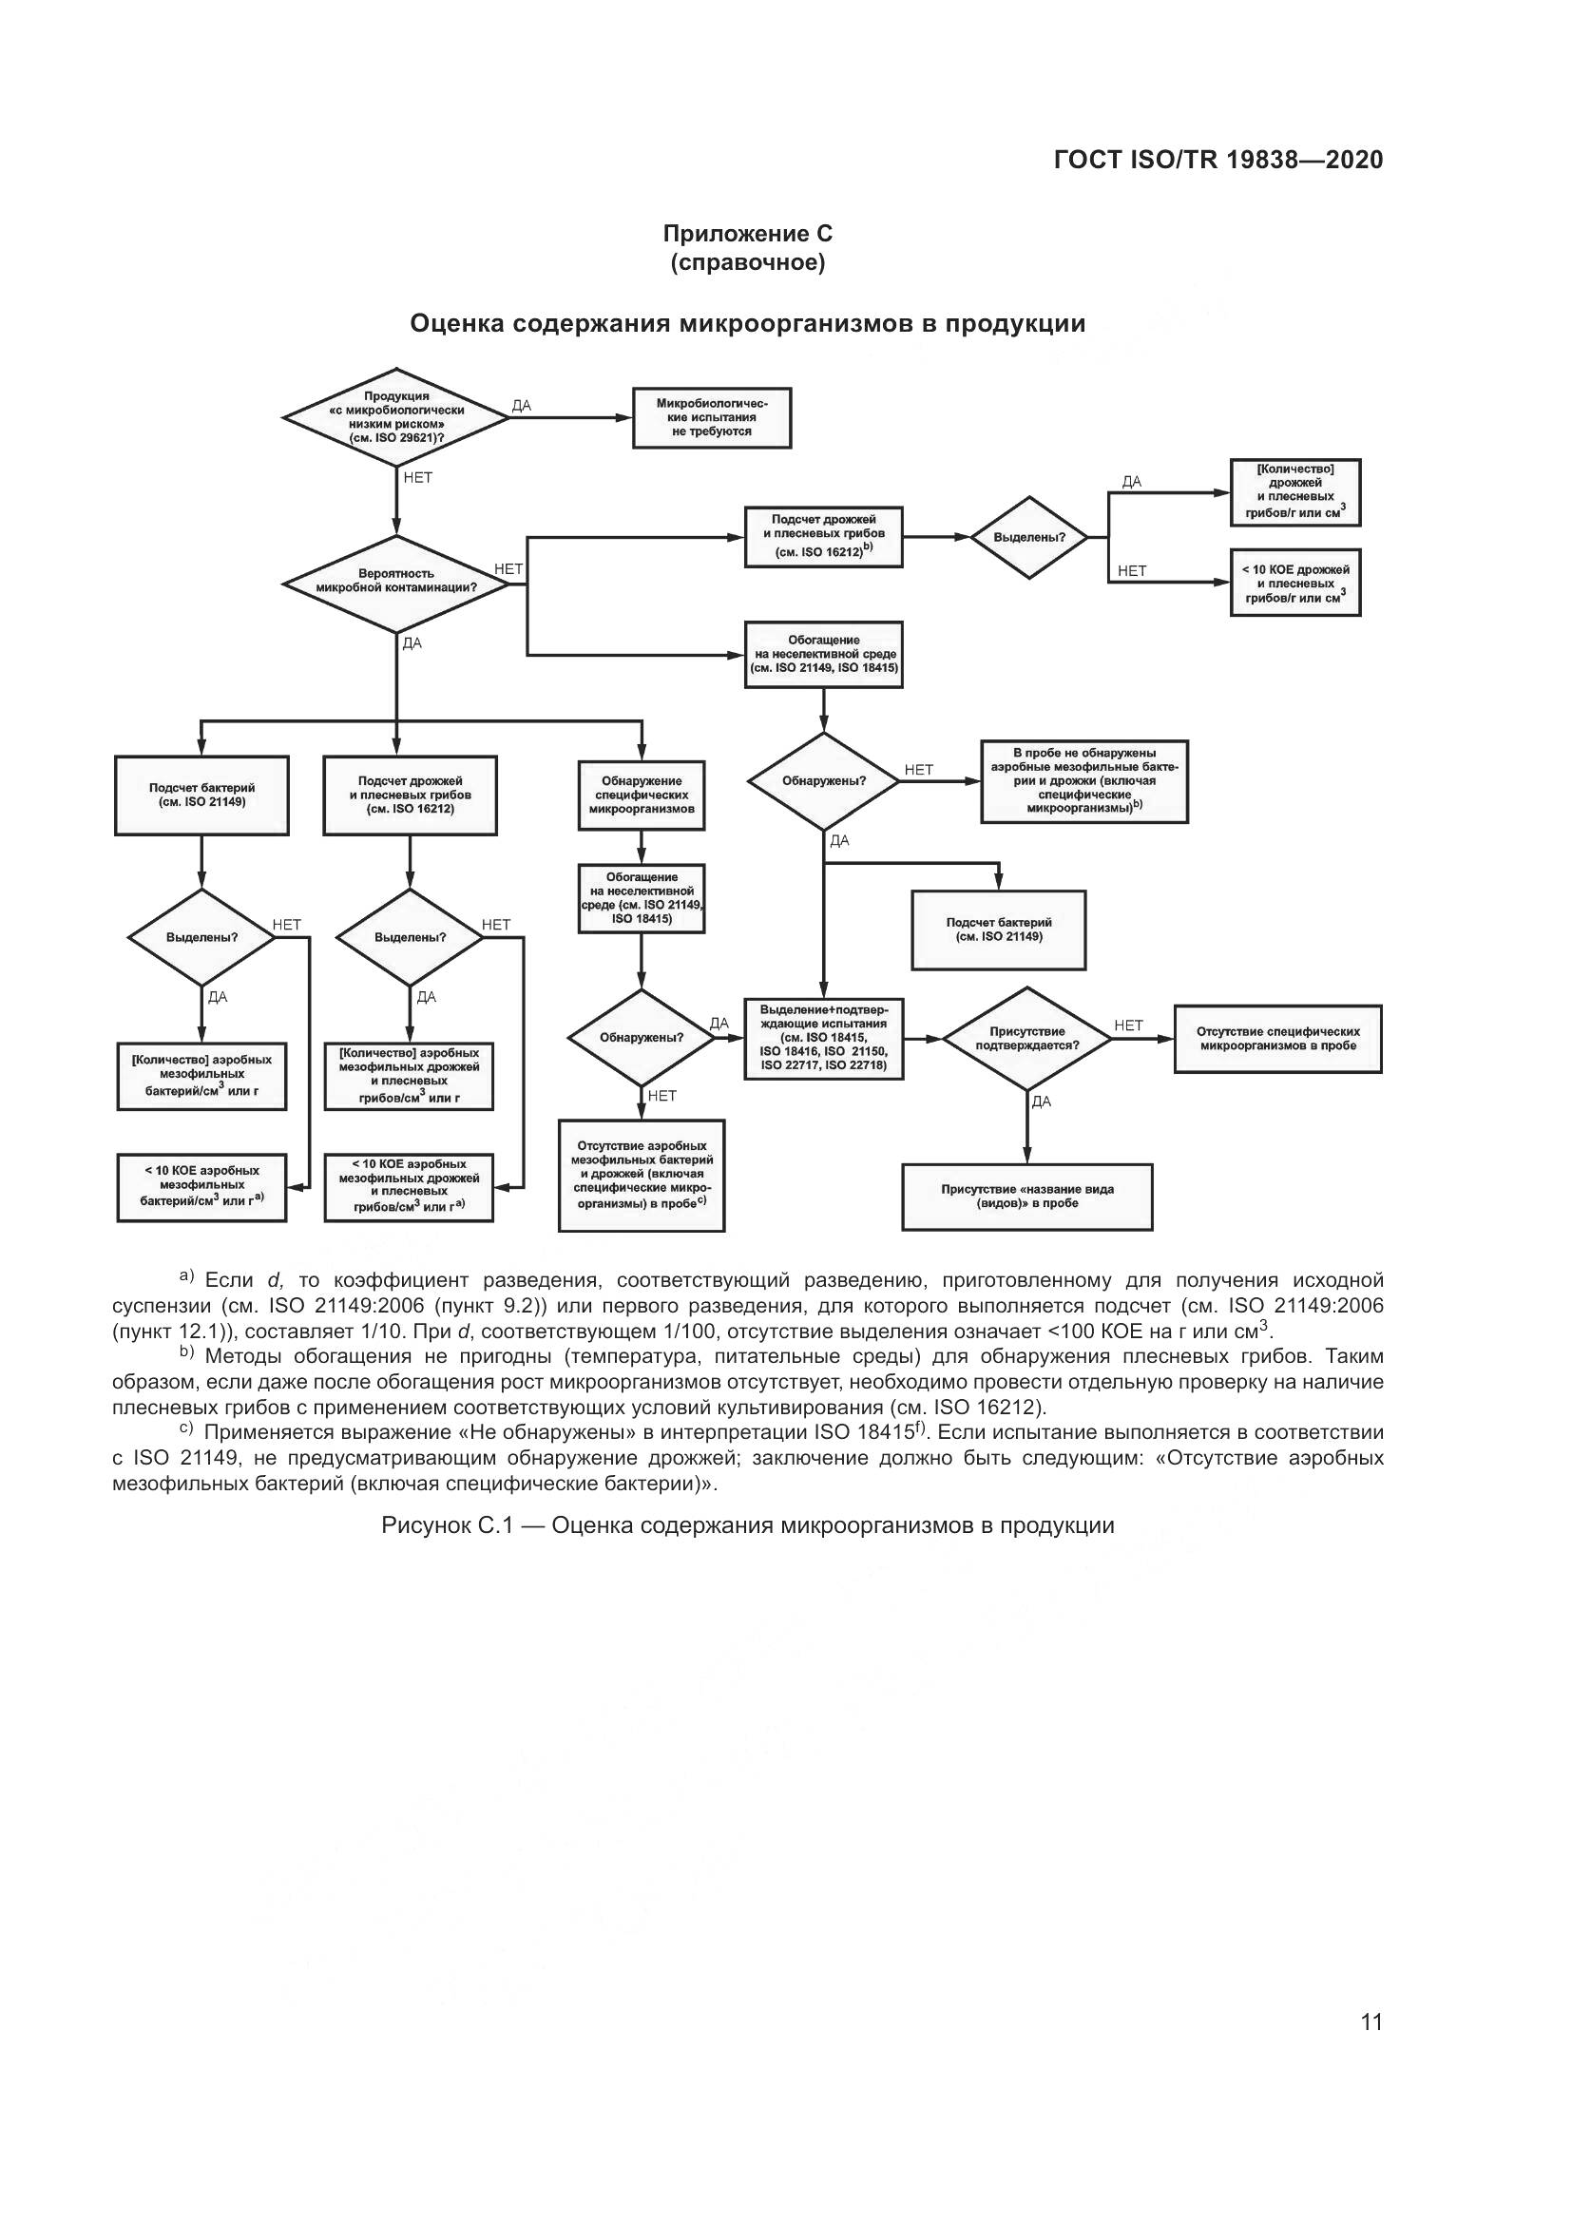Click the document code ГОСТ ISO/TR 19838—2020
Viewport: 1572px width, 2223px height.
pyautogui.click(x=1217, y=160)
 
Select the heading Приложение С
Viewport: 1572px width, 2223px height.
pyautogui.click(x=747, y=234)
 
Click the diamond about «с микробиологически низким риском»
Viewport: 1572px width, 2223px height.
pyautogui.click(x=396, y=417)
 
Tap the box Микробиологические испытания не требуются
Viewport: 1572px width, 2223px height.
pyautogui.click(x=712, y=417)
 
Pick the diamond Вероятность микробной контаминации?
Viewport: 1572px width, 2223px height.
pyautogui.click(x=396, y=581)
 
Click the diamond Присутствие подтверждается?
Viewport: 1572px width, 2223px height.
pyautogui.click(x=1027, y=1039)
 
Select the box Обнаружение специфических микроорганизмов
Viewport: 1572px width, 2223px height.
pyautogui.click(x=641, y=795)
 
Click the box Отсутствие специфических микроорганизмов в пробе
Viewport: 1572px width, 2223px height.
pyautogui.click(x=1277, y=1039)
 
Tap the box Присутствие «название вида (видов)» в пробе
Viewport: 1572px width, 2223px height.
pyautogui.click(x=1027, y=1197)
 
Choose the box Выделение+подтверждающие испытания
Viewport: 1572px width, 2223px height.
pyautogui.click(x=823, y=1038)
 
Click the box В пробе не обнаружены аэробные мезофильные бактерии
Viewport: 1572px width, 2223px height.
pyautogui.click(x=1084, y=780)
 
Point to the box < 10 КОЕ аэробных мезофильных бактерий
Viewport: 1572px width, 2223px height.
pyautogui.click(x=201, y=1186)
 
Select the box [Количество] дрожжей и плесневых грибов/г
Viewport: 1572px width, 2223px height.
pyautogui.click(x=1295, y=492)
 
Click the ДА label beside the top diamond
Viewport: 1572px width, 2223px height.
pyautogui.click(x=521, y=406)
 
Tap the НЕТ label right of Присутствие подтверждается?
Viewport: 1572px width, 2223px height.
pyautogui.click(x=1129, y=1025)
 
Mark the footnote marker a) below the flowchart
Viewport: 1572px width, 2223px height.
pyautogui.click(x=187, y=1277)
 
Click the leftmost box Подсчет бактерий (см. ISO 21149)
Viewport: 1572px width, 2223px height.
pyautogui.click(x=201, y=795)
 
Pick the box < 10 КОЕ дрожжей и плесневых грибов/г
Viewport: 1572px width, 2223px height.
pyautogui.click(x=1295, y=583)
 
